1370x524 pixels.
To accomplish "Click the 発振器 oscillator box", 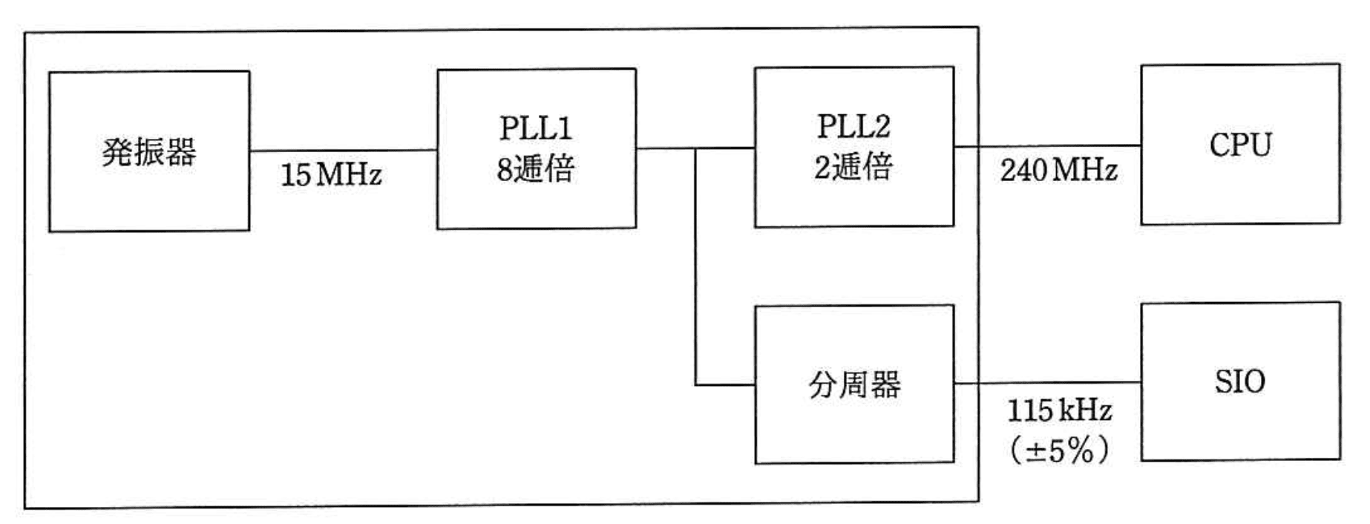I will tap(148, 151).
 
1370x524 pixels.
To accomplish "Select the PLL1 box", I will tap(536, 148).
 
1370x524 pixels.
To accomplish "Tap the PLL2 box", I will tap(853, 146).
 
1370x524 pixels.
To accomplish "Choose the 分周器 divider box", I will tap(853, 384).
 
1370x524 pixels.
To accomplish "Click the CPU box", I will tap(1240, 144).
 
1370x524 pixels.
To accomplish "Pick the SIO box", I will tap(1240, 381).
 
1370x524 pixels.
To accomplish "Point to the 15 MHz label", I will tap(331, 175).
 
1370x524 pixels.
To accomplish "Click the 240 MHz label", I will tap(1058, 170).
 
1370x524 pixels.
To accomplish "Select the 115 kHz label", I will tap(1059, 410).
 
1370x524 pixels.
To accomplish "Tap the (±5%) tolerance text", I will tap(1059, 449).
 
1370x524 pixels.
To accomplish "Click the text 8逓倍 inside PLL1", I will tap(536, 169).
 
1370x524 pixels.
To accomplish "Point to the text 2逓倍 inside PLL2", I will tap(853, 167).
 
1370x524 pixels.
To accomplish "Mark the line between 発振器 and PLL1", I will tap(343, 151).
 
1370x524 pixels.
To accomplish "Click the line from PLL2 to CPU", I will tap(1047, 146).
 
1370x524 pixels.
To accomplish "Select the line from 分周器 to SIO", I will tap(1047, 383).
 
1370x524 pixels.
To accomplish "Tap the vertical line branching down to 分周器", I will tap(695, 267).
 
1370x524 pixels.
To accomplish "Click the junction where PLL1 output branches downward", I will tap(695, 148).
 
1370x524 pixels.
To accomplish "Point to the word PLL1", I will tap(536, 128).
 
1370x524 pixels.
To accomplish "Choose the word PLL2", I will tap(853, 126).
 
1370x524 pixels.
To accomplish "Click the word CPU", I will tap(1240, 144).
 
